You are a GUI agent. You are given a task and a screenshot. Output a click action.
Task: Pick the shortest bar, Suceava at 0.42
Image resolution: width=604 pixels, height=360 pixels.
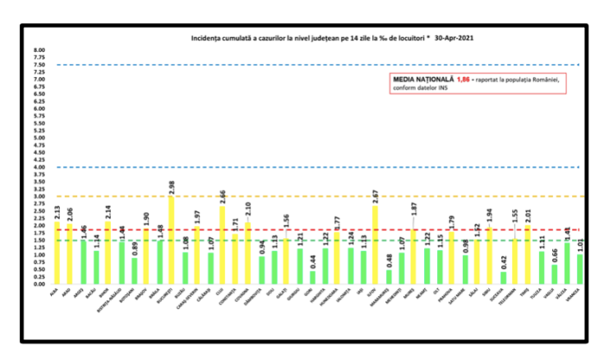503,277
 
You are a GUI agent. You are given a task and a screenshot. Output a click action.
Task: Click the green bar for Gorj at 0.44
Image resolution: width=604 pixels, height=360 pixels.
312,277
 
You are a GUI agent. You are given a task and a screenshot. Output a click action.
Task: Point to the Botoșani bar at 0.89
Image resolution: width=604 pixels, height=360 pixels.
134,270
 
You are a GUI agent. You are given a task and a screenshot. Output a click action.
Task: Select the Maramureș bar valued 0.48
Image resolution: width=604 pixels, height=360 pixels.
388,276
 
